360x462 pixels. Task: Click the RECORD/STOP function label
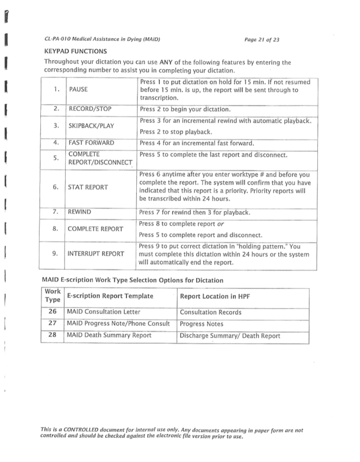pos(90,108)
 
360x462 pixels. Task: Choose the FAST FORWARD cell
pos(91,142)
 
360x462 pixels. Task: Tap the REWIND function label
pos(81,212)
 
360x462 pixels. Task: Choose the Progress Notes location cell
pos(201,324)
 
